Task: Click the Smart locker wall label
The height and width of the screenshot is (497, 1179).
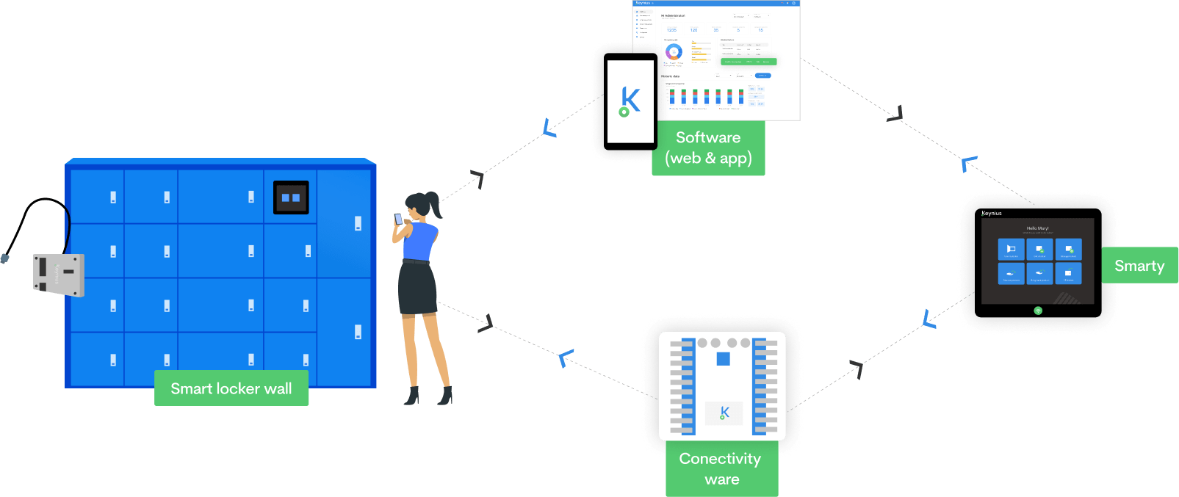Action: [x=231, y=388]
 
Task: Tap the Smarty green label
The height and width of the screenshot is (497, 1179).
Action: [x=1139, y=266]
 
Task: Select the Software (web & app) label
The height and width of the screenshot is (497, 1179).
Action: [x=708, y=148]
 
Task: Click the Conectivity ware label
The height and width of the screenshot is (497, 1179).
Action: [x=721, y=468]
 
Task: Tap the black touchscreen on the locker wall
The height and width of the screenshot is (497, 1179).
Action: [x=291, y=197]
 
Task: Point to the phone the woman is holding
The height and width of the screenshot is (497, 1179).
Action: [x=398, y=219]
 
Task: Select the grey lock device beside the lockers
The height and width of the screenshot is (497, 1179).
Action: [x=59, y=275]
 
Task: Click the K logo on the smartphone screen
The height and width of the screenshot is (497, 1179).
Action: [x=630, y=101]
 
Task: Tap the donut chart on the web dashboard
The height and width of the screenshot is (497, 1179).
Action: [x=674, y=52]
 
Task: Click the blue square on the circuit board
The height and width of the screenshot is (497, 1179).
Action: [x=723, y=359]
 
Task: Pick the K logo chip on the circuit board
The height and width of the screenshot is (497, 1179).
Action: [x=724, y=413]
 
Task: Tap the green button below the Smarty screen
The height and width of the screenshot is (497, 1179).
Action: [x=1038, y=311]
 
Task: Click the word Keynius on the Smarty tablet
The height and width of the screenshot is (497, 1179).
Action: [x=992, y=214]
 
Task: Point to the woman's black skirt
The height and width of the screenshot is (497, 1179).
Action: [x=417, y=288]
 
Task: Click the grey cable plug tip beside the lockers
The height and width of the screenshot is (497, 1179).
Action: [x=5, y=258]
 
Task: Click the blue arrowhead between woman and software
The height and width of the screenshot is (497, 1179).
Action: [x=549, y=129]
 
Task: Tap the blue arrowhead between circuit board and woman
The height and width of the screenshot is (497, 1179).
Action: [x=565, y=358]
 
